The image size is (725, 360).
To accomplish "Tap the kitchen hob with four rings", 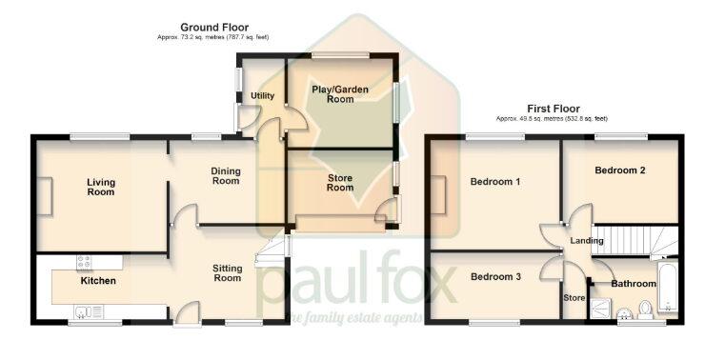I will tap(85, 261).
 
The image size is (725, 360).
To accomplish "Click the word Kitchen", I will tap(98, 281).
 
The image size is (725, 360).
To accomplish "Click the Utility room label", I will tap(262, 96).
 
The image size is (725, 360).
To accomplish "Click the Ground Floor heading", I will tap(209, 27).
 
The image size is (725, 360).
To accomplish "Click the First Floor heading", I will tap(552, 109).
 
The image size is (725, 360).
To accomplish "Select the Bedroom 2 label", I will tap(620, 170).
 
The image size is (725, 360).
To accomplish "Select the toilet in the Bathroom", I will tap(645, 309).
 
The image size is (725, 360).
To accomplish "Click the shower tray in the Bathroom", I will tap(600, 309).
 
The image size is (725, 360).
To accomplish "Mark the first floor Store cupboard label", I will tap(574, 297).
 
